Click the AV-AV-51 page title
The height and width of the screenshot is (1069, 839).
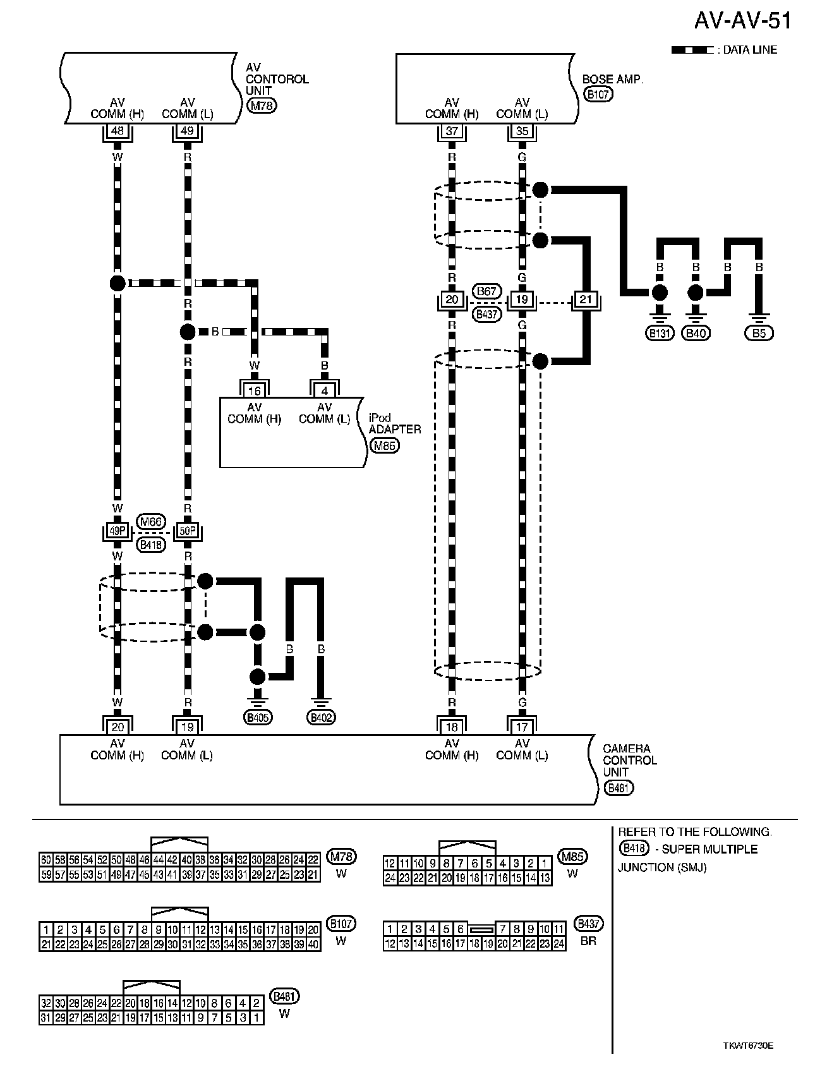742,21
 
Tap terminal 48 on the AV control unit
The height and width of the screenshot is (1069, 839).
118,131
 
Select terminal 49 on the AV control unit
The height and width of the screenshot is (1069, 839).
188,131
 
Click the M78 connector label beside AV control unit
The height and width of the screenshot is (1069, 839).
262,106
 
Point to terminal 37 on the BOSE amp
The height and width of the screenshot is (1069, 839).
452,131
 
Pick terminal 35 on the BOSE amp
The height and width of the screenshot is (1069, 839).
522,131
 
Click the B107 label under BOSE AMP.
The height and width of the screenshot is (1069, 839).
598,95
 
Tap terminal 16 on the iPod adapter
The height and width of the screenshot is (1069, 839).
254,390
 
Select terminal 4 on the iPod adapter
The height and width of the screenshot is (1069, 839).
325,390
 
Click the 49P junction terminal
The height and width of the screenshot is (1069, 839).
118,531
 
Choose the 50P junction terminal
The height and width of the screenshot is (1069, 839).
188,531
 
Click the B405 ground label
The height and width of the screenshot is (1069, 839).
258,717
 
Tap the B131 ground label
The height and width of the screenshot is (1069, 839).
660,333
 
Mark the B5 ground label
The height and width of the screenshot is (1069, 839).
759,333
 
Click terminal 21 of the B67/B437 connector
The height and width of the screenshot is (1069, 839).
586,299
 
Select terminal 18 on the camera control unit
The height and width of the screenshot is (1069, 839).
452,727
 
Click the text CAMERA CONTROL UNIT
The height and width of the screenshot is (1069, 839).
629,760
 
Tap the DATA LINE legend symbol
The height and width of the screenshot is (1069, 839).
692,50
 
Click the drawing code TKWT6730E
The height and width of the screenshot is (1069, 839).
748,1046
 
